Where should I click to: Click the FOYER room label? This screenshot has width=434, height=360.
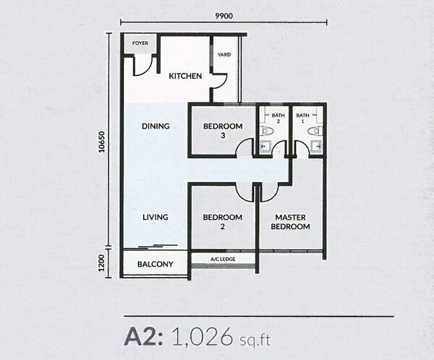[x=140, y=43]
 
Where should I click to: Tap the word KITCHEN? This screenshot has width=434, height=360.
[x=185, y=76]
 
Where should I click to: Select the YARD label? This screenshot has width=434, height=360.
[x=224, y=54]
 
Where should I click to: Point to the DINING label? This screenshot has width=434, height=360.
[x=156, y=127]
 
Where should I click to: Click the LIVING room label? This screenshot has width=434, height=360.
[x=156, y=217]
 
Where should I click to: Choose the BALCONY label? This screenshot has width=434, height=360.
[x=155, y=264]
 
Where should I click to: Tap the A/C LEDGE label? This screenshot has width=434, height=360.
[x=223, y=259]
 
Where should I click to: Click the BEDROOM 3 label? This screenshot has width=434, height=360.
[x=223, y=131]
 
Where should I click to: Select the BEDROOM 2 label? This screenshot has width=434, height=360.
[x=223, y=222]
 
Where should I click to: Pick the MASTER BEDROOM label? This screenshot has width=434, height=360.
[x=290, y=222]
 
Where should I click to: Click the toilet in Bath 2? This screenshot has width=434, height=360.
[x=266, y=131]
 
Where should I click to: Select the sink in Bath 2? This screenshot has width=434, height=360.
[x=266, y=146]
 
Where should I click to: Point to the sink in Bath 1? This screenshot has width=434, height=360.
[x=316, y=146]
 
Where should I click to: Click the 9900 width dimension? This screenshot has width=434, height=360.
[x=224, y=16]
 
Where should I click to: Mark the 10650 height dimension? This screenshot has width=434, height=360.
[x=103, y=142]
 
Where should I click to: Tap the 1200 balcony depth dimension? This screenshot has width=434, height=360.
[x=102, y=263]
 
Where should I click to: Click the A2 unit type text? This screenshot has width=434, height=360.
[x=143, y=337]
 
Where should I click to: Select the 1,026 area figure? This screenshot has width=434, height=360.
[x=202, y=337]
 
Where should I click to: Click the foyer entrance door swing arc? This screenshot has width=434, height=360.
[x=146, y=70]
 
